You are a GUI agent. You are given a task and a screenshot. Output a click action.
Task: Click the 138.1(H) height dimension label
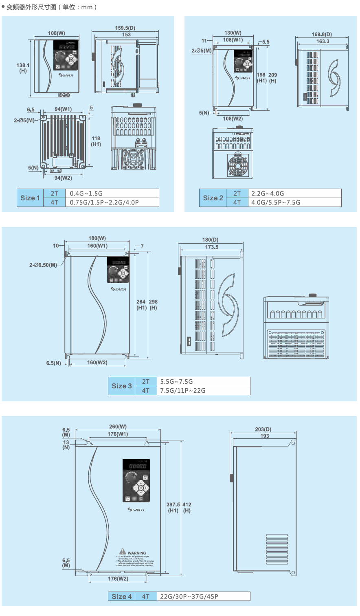(x=23, y=68)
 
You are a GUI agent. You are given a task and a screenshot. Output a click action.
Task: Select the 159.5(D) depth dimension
(x=125, y=28)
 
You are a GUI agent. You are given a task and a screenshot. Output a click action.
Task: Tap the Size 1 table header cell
(x=30, y=198)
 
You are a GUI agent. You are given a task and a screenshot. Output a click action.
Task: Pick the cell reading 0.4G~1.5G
(x=86, y=194)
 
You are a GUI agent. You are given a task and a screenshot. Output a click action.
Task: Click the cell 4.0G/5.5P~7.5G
(x=276, y=202)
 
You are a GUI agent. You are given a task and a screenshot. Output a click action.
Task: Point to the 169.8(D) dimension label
(x=322, y=35)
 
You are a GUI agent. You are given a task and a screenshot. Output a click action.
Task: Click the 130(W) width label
(x=233, y=33)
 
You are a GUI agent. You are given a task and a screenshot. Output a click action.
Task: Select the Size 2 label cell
(x=213, y=198)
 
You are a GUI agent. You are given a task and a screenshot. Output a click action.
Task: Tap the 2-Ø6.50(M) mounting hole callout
(x=43, y=265)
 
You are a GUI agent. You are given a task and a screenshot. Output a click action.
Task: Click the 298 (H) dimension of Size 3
(x=153, y=305)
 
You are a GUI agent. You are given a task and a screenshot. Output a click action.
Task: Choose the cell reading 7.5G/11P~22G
(x=183, y=391)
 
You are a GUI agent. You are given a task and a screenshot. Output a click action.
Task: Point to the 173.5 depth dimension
(x=212, y=247)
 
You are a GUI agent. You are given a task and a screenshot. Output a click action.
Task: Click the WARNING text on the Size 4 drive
(x=137, y=553)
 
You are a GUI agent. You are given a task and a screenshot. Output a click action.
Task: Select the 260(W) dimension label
(x=118, y=427)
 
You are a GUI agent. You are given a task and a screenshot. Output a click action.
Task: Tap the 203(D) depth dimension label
(x=263, y=429)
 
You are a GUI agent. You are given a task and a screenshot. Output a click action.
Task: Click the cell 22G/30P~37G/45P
(x=189, y=597)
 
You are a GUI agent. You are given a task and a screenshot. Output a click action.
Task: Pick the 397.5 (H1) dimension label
(x=173, y=507)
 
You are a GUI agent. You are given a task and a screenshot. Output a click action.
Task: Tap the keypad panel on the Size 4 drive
(x=136, y=481)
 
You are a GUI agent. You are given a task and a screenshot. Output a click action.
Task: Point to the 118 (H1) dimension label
(x=96, y=141)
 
